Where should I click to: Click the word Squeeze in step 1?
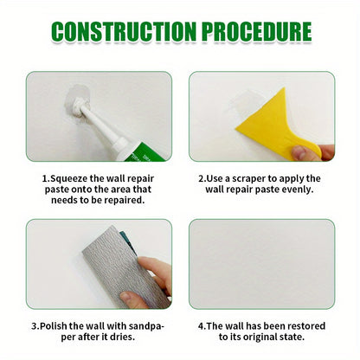71,178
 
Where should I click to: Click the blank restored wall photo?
261,264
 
